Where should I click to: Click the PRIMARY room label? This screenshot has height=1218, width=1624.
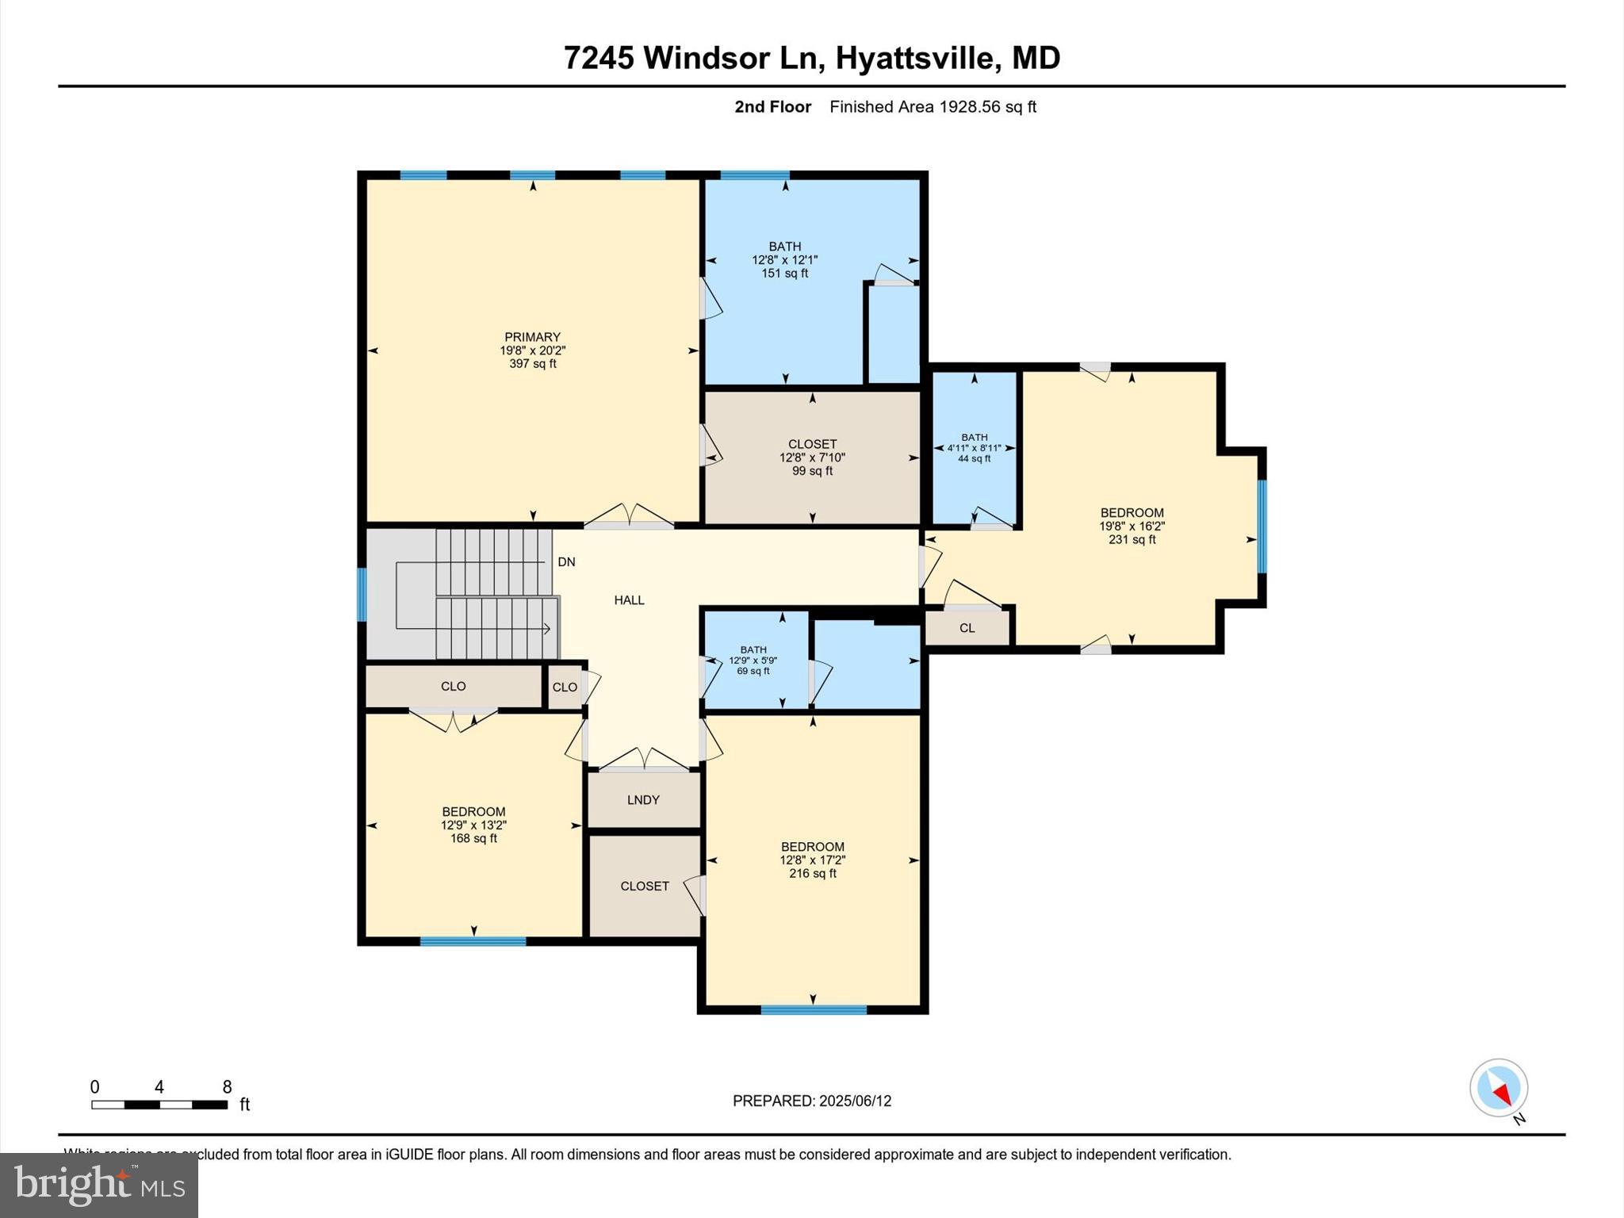pos(532,337)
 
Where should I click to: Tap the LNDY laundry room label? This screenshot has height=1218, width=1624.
pos(643,800)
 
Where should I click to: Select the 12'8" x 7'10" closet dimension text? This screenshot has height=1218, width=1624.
pos(812,458)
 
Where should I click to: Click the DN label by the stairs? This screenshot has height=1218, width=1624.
pos(566,562)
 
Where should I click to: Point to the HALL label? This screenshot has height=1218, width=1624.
pos(629,600)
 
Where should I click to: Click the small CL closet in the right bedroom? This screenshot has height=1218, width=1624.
pos(967,628)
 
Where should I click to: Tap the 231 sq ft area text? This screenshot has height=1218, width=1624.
pos(1132,540)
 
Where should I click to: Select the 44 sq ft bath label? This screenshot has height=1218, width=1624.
pos(974,459)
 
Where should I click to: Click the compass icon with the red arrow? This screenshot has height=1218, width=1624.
pos(1498,1088)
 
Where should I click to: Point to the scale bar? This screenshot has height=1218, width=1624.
pos(159,1105)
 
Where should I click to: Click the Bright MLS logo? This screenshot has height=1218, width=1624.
pos(98,1185)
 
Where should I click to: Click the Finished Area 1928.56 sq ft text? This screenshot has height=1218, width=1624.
pos(933,107)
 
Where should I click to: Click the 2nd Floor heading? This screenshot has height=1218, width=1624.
pos(772,107)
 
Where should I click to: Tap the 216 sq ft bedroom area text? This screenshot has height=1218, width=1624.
pos(812,874)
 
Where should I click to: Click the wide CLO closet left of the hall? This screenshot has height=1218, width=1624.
pos(453,687)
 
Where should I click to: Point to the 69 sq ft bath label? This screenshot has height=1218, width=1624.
pos(753,672)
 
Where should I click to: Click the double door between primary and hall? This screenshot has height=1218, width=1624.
pos(629,516)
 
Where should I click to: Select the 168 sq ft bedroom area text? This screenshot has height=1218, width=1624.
pos(473,839)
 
